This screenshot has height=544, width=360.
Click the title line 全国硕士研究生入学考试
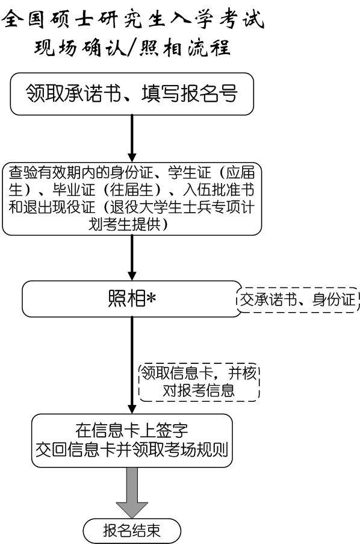pyautogui.click(x=134, y=19)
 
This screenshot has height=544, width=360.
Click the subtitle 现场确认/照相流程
pyautogui.click(x=132, y=47)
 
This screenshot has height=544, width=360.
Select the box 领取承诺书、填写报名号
pyautogui.click(x=132, y=93)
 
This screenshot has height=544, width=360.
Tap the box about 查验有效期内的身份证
pyautogui.click(x=132, y=198)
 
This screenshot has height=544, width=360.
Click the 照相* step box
pyautogui.click(x=132, y=299)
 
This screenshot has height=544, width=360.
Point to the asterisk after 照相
pyautogui.click(x=151, y=298)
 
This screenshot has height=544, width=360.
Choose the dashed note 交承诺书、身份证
pyautogui.click(x=298, y=300)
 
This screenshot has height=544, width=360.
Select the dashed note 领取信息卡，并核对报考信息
pyautogui.click(x=199, y=383)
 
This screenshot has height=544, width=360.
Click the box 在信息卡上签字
pyautogui.click(x=132, y=440)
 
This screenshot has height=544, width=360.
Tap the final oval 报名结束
pyautogui.click(x=132, y=531)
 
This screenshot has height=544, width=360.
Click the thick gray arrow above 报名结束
pyautogui.click(x=132, y=493)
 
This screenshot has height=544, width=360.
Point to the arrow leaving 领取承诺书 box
pyautogui.click(x=132, y=139)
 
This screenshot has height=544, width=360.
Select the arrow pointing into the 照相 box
pyautogui.click(x=132, y=258)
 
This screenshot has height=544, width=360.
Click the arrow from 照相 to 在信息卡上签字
pyautogui.click(x=132, y=365)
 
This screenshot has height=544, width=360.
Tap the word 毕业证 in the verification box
pyautogui.click(x=73, y=190)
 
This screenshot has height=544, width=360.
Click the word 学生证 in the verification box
pyautogui.click(x=190, y=172)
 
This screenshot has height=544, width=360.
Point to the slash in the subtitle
pyautogui.click(x=132, y=48)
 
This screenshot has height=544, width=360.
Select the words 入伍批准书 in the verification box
pyautogui.click(x=219, y=190)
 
